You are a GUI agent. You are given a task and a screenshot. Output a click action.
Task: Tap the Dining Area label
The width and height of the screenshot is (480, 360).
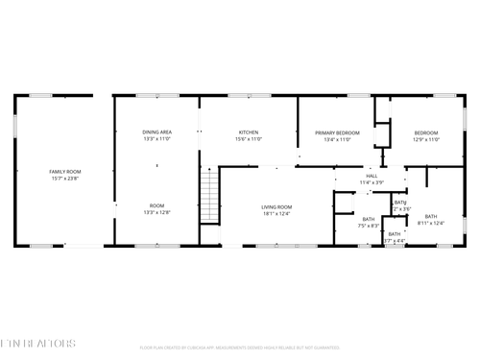[x=156, y=132]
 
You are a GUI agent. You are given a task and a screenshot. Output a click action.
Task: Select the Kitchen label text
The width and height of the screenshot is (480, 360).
[x=249, y=132]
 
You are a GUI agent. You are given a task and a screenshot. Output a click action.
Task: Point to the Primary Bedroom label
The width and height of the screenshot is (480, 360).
[x=337, y=132]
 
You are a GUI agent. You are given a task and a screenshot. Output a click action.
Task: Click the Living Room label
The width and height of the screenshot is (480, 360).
[x=276, y=206]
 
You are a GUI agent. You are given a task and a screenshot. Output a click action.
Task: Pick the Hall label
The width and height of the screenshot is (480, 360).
[x=372, y=176]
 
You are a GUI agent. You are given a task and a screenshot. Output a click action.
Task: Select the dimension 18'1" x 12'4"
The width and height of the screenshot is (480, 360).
[x=276, y=213]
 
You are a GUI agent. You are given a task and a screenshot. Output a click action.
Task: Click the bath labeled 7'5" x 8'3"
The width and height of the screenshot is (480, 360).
[x=369, y=220]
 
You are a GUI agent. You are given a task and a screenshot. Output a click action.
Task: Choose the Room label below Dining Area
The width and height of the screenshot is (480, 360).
[x=156, y=206]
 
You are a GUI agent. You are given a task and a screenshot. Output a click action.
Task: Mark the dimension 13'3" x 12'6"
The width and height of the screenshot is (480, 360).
[x=156, y=213]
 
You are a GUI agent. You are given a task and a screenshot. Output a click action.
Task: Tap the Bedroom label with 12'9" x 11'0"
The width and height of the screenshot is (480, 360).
[x=426, y=132]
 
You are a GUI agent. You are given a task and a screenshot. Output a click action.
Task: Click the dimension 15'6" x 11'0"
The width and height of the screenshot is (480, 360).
[x=249, y=139]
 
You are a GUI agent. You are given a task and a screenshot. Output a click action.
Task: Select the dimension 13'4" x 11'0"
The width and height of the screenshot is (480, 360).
[x=337, y=139]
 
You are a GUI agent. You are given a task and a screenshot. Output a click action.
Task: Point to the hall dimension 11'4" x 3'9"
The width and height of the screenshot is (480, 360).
[x=372, y=182]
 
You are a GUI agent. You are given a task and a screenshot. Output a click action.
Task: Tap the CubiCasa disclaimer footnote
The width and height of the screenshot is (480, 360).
[x=240, y=348]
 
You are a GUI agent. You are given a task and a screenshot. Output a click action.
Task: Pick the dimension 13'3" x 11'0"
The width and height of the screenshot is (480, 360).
[x=156, y=139]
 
